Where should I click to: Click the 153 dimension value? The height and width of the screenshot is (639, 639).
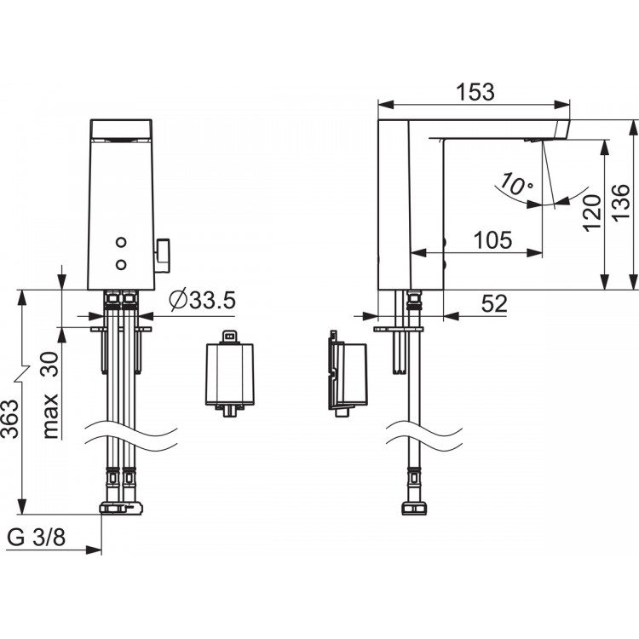coord(475,92)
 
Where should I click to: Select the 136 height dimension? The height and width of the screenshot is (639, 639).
coord(621,204)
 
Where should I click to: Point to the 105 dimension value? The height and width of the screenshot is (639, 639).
coord(492,240)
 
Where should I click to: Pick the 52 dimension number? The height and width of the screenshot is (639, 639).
coord(494,303)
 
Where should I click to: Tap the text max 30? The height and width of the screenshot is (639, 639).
coord(50,394)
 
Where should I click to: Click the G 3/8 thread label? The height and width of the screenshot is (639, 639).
coord(37,538)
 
